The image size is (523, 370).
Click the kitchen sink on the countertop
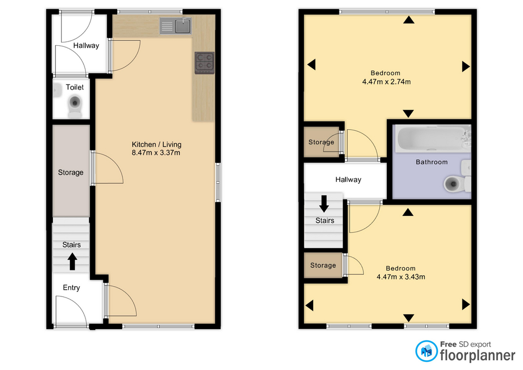pyautogui.click(x=175, y=26)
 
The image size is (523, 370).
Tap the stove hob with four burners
pyautogui.click(x=204, y=63)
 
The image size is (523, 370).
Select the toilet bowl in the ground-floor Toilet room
pyautogui.click(x=75, y=106)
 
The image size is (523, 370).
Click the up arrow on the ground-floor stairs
pyautogui.click(x=72, y=261)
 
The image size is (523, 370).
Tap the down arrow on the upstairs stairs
pyautogui.click(x=324, y=203)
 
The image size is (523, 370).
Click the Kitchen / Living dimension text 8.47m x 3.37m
pyautogui.click(x=156, y=153)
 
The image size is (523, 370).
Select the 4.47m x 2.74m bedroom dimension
pyautogui.click(x=386, y=82)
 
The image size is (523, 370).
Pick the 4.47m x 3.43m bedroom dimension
pyautogui.click(x=400, y=277)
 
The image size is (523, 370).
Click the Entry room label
pyautogui.click(x=71, y=288)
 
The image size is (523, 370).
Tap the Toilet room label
pyautogui.click(x=75, y=87)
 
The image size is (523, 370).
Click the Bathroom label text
pyautogui.click(x=431, y=162)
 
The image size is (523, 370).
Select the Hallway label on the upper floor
pyautogui.click(x=348, y=180)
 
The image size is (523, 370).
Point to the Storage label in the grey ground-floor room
pyautogui.click(x=71, y=173)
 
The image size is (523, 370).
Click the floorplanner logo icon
pyautogui.click(x=426, y=351)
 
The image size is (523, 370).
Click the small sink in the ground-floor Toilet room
pyautogui.click(x=57, y=90)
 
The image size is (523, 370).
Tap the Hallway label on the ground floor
pyautogui.click(x=86, y=46)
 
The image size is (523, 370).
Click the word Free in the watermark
pyautogui.click(x=448, y=344)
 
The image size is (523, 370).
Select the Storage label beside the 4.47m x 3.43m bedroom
pyautogui.click(x=323, y=265)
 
